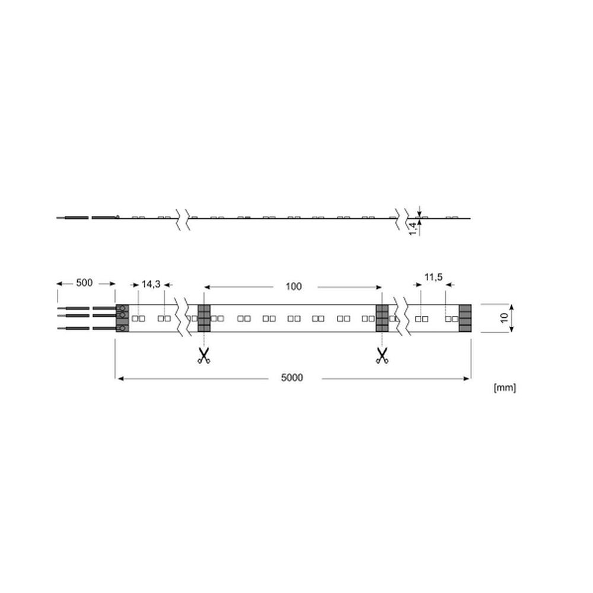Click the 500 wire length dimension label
coord(84,283)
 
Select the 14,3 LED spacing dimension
coord(151,284)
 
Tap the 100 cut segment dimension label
coord(294,286)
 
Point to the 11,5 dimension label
coord(433,277)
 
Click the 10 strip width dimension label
coord(505,318)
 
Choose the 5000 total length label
coord(292,378)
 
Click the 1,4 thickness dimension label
coord(413,228)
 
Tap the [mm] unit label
coord(505,388)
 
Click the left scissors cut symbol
coord(204,356)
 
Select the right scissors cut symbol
coord(382,356)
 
